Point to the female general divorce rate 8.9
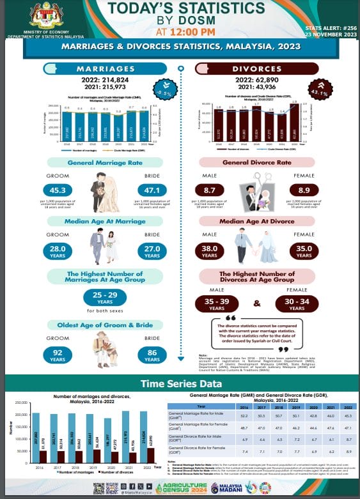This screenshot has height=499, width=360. pos(304,190)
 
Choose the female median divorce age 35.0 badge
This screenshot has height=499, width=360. pos(304,250)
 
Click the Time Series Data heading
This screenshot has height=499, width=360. pos(180,384)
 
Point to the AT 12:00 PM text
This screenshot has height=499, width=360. pos(180,31)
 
